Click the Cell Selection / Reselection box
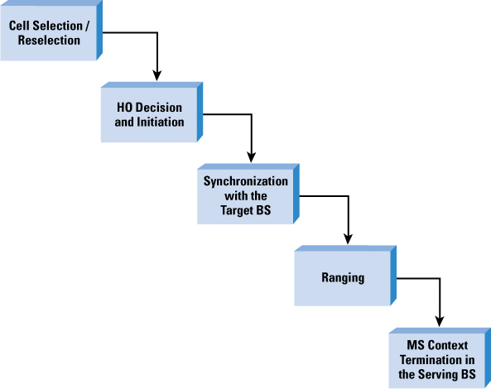tap(51, 31)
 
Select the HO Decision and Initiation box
tap(152, 112)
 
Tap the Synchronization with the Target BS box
tap(248, 194)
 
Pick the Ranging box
tap(345, 276)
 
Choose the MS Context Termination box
tap(440, 358)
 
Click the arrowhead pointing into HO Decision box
tap(156, 76)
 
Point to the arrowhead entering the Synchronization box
tap(251, 157)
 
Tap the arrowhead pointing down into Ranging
tap(348, 239)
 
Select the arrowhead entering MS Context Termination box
tap(440, 321)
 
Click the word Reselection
tap(49, 41)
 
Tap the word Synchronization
tap(246, 181)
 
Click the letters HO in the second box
tap(123, 108)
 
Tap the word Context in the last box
tap(448, 345)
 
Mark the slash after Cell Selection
tap(87, 26)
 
